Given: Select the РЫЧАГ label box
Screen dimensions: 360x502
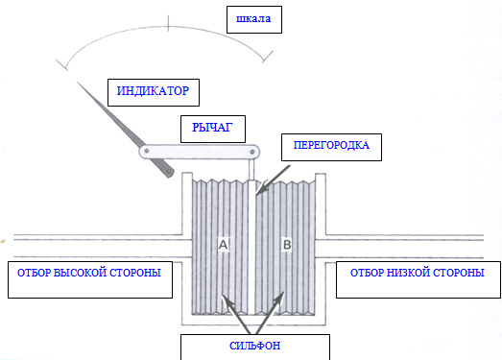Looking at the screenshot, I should [x=206, y=128].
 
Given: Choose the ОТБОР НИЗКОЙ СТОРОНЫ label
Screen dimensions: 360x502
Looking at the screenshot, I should [x=417, y=274].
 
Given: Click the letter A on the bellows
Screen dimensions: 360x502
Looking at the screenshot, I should [x=222, y=246].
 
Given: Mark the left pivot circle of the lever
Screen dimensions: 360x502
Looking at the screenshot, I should [x=147, y=152].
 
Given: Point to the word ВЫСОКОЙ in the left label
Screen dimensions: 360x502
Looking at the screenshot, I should [x=84, y=275].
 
